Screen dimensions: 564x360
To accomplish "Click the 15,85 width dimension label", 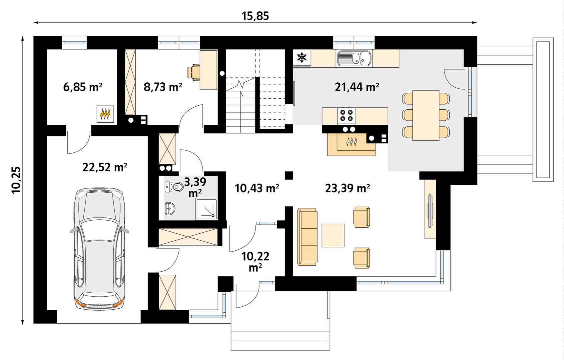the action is [x=255, y=16].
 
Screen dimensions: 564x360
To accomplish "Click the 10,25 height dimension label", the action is [x=17, y=180].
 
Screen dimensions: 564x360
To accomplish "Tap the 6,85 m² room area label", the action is [x=83, y=87].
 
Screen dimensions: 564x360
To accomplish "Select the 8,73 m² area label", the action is [x=163, y=87].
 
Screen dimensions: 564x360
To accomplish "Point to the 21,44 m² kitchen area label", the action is [x=357, y=87].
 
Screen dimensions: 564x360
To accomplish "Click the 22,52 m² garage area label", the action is [x=105, y=167].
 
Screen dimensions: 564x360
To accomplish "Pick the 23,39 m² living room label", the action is [x=347, y=188].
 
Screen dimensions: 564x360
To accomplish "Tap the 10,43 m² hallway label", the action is [x=257, y=188].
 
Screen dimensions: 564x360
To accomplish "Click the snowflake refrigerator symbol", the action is [x=301, y=57].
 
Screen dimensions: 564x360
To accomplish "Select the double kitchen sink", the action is [x=354, y=59].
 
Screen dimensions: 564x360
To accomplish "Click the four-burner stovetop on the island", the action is [x=346, y=116].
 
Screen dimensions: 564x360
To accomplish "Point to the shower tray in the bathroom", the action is [x=207, y=209].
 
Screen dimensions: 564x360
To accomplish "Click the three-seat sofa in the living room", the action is [x=307, y=237].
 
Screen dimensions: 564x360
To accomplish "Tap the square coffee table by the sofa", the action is [x=333, y=235].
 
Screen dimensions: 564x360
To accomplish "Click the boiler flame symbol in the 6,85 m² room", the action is [x=105, y=114].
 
